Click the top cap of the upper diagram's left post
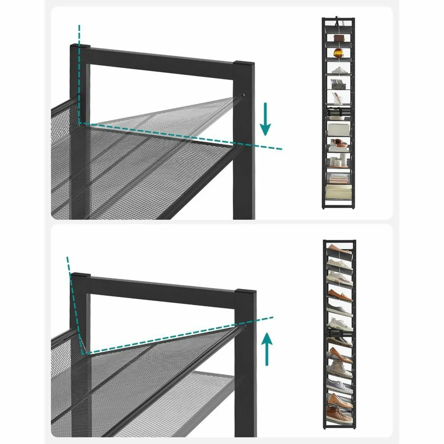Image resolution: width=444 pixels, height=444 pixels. [80, 47]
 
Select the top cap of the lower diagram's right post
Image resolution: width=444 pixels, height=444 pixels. [246, 292]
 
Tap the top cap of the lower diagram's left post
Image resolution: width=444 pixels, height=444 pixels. [81, 276]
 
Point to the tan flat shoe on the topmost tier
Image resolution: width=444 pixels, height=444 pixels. [337, 247]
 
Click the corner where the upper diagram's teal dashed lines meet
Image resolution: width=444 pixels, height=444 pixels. [79, 122]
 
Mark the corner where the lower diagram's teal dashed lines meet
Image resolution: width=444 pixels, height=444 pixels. [84, 353]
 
